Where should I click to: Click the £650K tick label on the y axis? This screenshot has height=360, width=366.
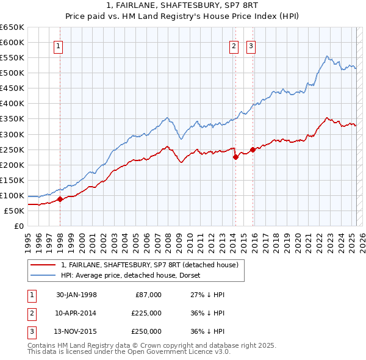(12, 27)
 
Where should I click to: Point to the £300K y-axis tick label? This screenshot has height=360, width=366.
(12, 134)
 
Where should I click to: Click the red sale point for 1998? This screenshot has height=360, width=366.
(60, 199)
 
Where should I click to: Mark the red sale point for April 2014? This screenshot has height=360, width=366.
(235, 157)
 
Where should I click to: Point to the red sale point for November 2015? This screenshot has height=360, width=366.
(253, 149)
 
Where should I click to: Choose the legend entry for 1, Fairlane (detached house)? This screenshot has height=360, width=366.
(152, 265)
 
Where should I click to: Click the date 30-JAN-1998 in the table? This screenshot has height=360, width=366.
(76, 295)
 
